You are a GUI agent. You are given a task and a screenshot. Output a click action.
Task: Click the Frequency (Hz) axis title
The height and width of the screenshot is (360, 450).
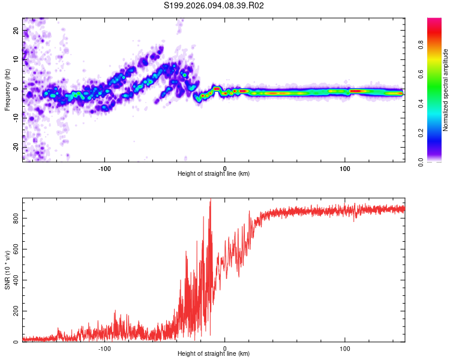point(7,89)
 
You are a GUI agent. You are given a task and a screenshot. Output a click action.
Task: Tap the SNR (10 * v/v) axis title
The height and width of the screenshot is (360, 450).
point(7,269)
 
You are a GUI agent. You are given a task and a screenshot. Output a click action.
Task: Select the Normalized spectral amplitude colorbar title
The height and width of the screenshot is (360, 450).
point(446,89)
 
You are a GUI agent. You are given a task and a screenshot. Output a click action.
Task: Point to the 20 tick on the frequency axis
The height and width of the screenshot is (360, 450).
point(17,30)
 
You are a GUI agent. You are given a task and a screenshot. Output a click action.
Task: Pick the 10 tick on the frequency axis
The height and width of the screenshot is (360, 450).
point(17,59)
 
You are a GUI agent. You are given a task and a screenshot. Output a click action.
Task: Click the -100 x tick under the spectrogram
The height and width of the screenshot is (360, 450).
point(105,168)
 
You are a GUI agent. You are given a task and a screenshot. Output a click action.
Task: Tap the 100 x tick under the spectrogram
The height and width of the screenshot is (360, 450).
point(345,168)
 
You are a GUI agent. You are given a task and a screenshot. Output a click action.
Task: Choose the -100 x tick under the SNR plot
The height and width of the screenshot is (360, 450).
point(105,348)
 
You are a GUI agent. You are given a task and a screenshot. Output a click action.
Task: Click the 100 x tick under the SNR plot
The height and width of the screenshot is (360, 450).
point(345,348)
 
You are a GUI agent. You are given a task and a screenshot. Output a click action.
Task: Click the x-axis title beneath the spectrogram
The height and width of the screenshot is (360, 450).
point(214,174)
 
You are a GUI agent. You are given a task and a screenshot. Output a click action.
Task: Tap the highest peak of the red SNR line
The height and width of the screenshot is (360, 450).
point(210,200)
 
